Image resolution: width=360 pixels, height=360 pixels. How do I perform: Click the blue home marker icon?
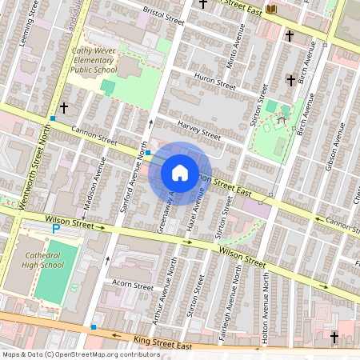click(180, 173)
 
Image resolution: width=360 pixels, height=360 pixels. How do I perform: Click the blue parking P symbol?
click(55, 229)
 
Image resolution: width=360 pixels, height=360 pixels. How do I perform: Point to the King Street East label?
click(165, 345)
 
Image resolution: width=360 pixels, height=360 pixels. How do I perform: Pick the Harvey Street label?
click(198, 129)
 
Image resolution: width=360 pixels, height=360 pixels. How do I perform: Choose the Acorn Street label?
click(133, 285)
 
